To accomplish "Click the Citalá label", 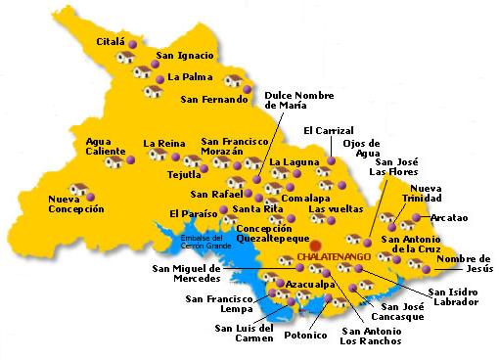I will coord(112,43).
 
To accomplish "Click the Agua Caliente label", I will coord(106,146).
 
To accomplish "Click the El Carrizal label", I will coord(327,130).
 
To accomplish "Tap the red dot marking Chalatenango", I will coord(316,245).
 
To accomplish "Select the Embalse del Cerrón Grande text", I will coord(204,242).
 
